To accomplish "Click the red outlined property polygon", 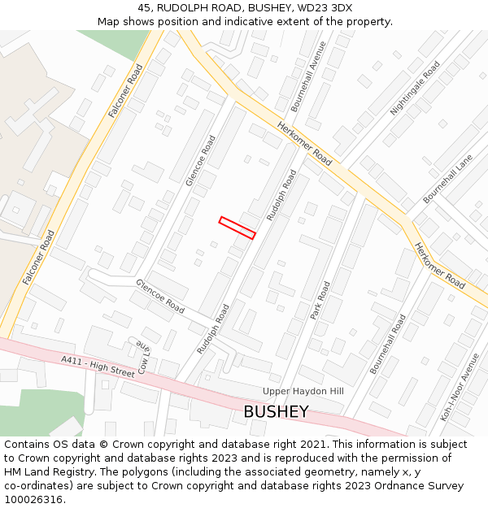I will pyautogui.click(x=237, y=228).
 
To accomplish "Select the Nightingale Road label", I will pyautogui.click(x=416, y=87).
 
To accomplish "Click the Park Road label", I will pyautogui.click(x=321, y=300).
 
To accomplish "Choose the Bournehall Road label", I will pyautogui.click(x=388, y=344).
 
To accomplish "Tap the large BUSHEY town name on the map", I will pyautogui.click(x=276, y=412).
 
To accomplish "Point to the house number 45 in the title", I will pyautogui.click(x=145, y=8).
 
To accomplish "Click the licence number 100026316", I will pyautogui.click(x=33, y=500).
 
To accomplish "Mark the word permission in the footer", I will pyautogui.click(x=392, y=458).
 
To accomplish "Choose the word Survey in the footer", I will pyautogui.click(x=446, y=486).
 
